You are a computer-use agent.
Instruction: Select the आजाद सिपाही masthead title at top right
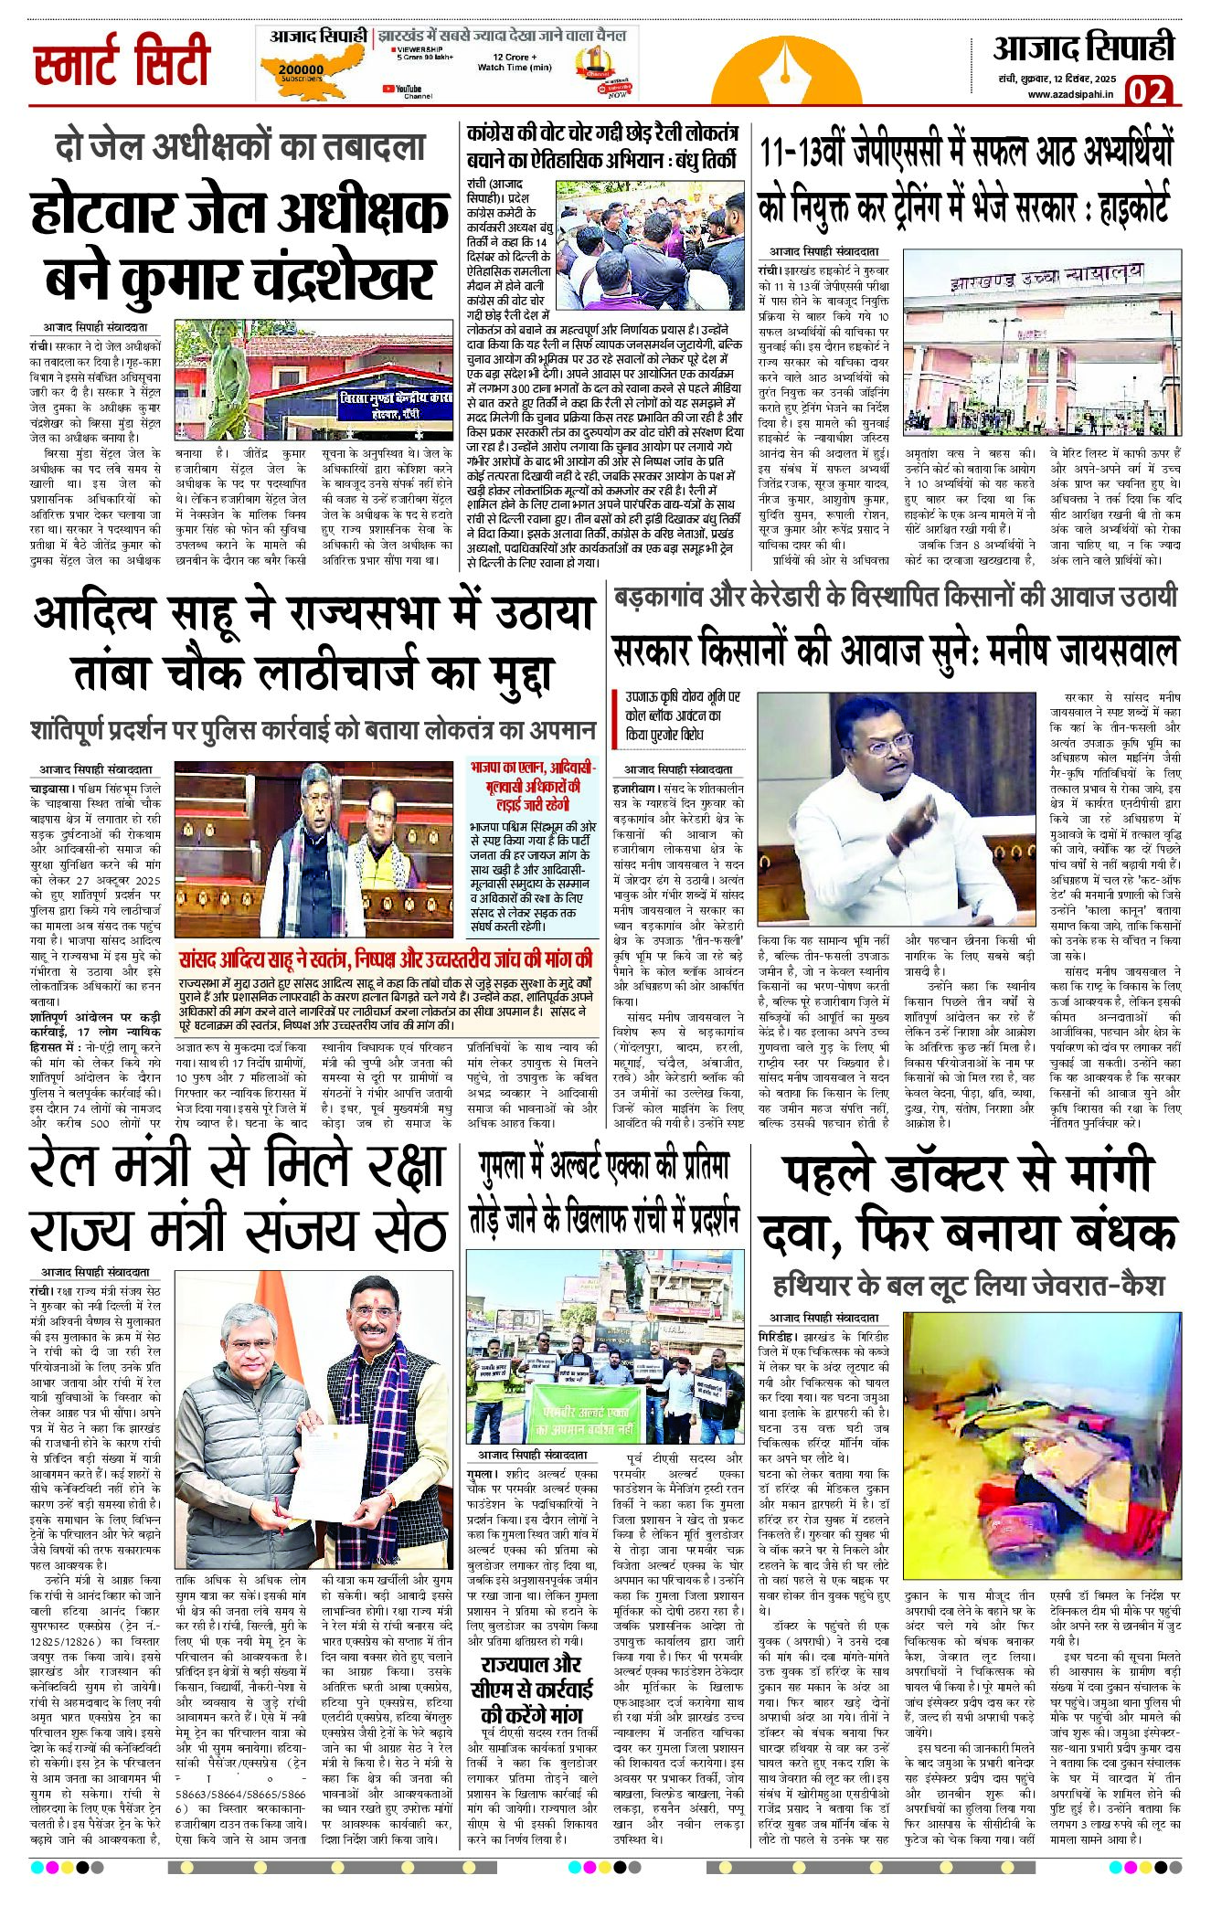click(1083, 48)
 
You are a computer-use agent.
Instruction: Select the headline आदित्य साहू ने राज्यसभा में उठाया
click(313, 614)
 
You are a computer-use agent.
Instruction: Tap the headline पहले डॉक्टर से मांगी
click(966, 1175)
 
